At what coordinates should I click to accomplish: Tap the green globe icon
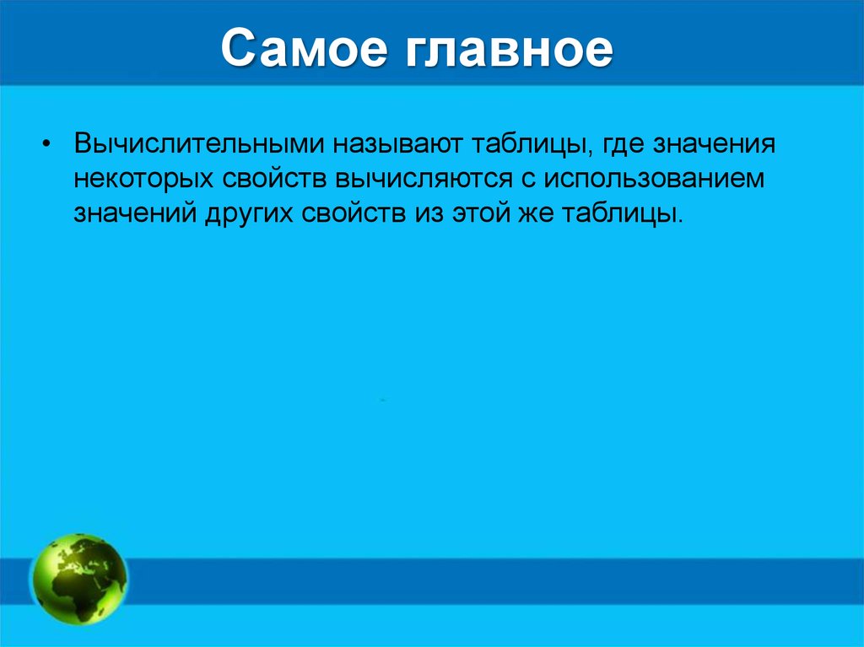pos(78,580)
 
